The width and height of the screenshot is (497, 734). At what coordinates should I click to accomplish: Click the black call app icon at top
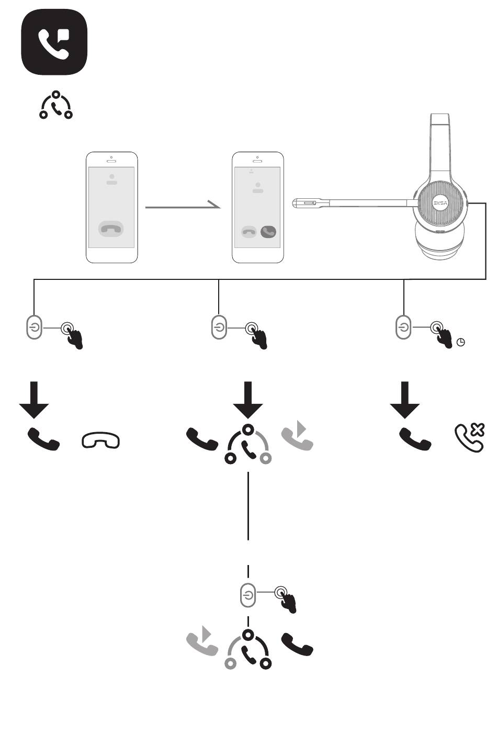click(54, 42)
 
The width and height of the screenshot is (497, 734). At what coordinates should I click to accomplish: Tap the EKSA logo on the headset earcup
click(438, 204)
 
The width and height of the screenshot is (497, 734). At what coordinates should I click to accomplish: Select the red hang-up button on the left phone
click(111, 229)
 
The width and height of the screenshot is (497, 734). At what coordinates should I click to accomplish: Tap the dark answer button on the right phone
click(268, 231)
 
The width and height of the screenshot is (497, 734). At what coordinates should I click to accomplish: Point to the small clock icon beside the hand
click(460, 343)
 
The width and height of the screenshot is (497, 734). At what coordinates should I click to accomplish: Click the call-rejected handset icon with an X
click(470, 437)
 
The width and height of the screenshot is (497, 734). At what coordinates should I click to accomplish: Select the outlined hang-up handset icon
click(100, 441)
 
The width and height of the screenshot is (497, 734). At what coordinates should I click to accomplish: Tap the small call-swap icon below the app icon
click(56, 105)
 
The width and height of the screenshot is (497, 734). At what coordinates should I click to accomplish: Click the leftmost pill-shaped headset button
click(34, 327)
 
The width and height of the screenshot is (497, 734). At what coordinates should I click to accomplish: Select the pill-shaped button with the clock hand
click(403, 327)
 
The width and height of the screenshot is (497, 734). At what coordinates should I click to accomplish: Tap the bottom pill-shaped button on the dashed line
click(248, 595)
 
